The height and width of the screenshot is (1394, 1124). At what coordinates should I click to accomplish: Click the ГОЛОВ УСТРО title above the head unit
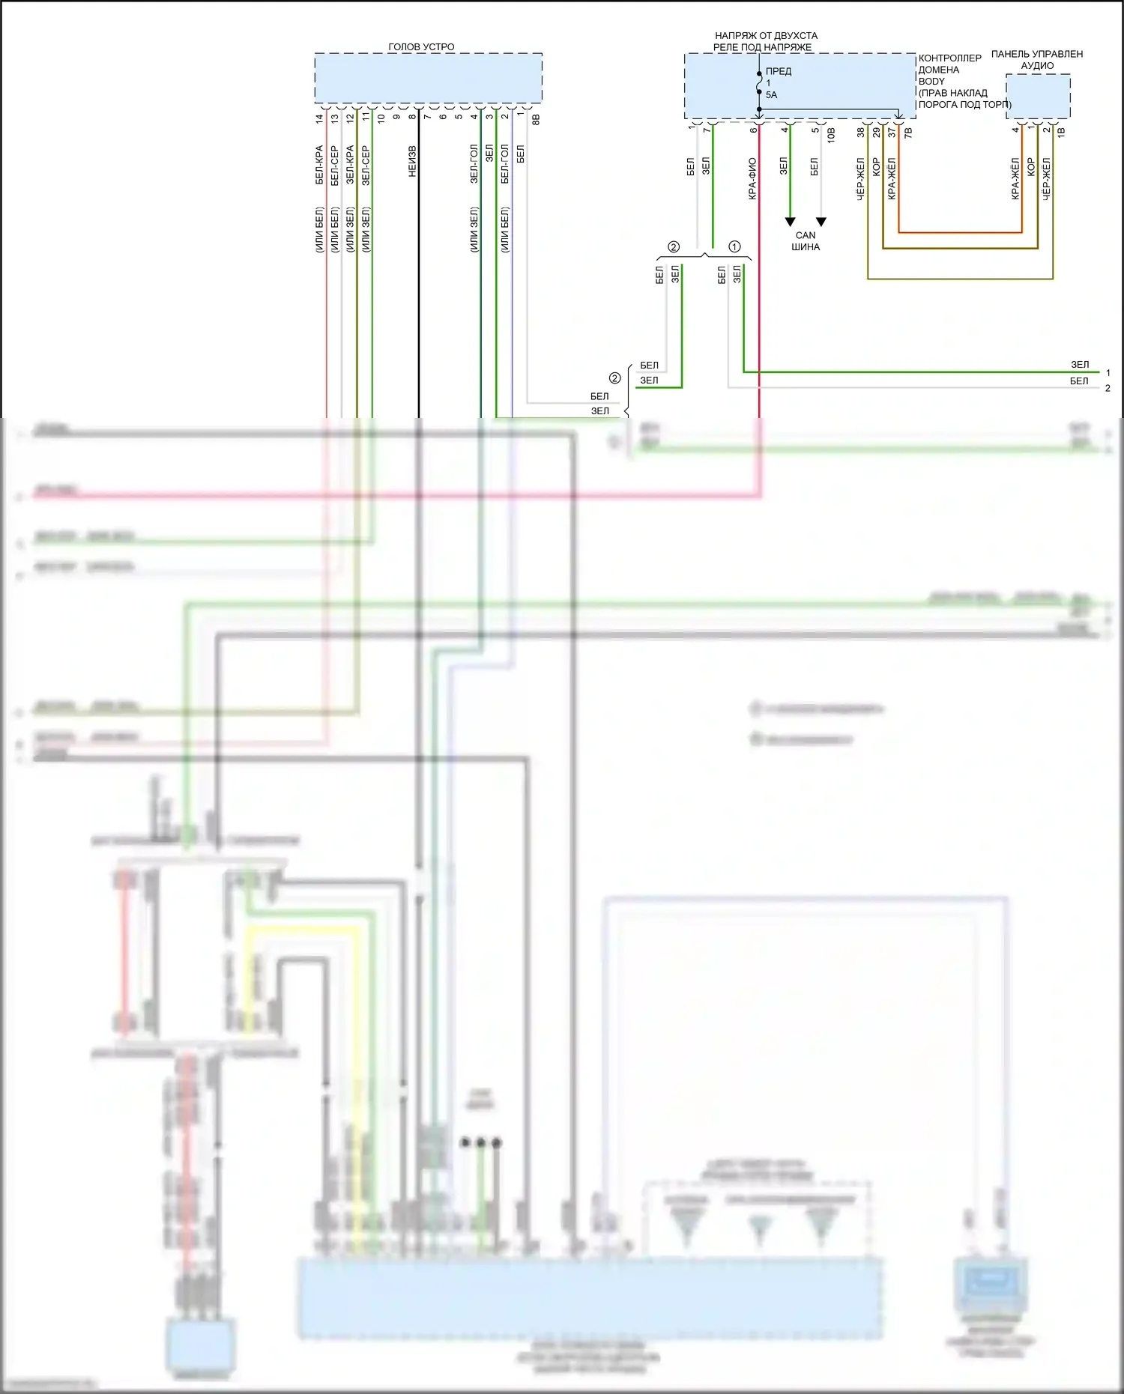point(421,46)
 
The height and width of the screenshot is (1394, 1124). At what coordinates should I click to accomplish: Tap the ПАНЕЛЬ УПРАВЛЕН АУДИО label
point(1037,59)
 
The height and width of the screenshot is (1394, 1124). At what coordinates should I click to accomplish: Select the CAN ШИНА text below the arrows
point(806,240)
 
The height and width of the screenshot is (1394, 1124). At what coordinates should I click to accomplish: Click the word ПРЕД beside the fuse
point(779,71)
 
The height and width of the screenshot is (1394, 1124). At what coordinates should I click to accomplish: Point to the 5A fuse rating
point(771,95)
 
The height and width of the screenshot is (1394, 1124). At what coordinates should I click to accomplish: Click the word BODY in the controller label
point(931,81)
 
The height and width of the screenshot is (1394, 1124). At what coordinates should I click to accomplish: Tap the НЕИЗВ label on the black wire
point(412,161)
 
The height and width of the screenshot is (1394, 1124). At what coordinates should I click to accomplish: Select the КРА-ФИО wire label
point(752,178)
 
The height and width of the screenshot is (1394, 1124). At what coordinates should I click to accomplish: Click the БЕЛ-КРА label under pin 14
point(319,165)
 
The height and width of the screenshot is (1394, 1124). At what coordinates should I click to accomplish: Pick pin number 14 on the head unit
point(319,118)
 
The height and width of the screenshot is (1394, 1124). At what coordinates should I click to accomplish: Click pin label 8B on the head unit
point(536,118)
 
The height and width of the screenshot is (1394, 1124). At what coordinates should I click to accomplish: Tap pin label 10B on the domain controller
point(831,135)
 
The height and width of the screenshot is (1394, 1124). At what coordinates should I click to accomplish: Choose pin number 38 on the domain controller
point(861,132)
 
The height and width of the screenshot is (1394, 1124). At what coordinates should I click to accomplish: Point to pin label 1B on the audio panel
point(1061,132)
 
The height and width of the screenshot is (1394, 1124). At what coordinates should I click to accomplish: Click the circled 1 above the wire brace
point(734,246)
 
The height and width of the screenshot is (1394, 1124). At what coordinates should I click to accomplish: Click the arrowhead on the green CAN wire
point(790,222)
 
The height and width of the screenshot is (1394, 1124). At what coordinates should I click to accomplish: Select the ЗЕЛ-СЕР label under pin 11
point(366,166)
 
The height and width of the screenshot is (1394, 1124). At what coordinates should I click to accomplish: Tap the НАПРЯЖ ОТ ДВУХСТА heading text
point(766,35)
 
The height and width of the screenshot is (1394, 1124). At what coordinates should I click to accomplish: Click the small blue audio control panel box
point(1038,96)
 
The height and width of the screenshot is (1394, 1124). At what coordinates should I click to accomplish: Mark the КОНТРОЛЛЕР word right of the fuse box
point(949,58)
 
